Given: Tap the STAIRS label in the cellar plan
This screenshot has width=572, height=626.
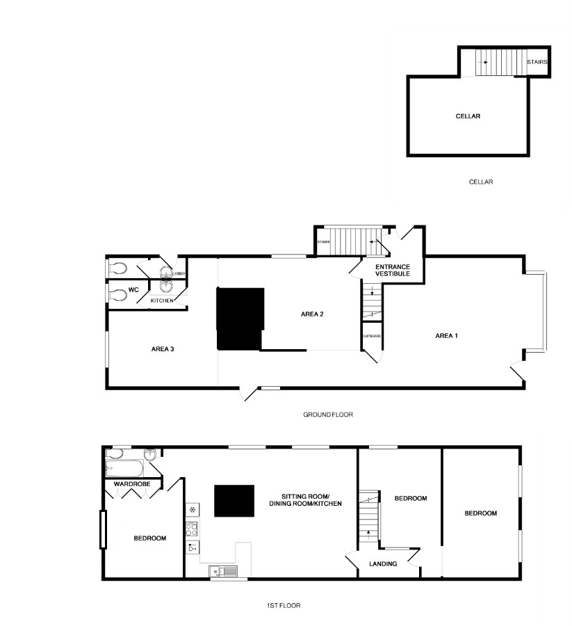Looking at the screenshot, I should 537,63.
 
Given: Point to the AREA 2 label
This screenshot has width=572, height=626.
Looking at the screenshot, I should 312,314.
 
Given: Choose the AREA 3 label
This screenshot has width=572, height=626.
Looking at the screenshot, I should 162,348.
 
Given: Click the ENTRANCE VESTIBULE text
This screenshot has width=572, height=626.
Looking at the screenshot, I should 393,271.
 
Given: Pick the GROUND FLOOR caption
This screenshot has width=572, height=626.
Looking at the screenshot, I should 328,415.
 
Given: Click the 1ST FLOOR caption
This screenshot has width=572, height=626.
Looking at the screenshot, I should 284,606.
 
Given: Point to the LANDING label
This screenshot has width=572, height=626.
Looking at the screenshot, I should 383,563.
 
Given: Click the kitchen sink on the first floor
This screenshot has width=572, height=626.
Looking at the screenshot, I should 224,572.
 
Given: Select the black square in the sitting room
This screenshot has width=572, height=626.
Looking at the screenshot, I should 233,501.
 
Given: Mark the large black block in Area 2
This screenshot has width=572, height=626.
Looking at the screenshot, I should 240,318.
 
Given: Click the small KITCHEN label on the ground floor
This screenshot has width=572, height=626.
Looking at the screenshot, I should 162,300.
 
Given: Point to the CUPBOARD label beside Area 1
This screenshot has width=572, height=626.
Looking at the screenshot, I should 371,337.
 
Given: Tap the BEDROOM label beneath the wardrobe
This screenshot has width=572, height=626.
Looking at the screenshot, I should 149,538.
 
